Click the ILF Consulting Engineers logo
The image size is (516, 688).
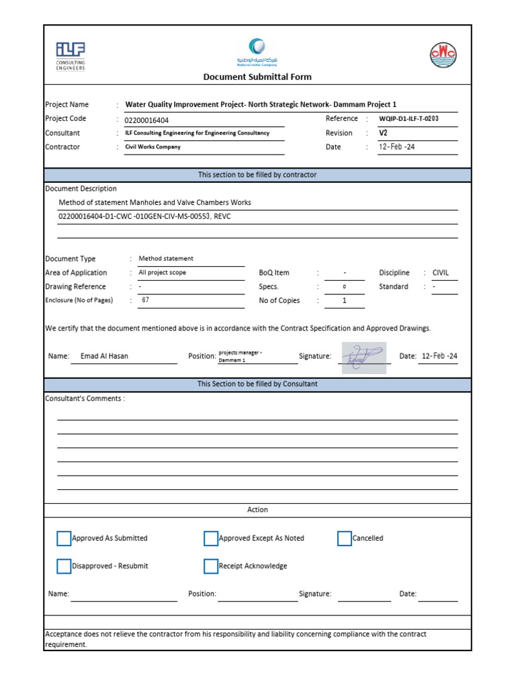[71, 56]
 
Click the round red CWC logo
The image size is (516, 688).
[443, 54]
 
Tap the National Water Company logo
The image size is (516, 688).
[257, 52]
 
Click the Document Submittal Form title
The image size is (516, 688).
[257, 77]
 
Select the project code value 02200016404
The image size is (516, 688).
[147, 120]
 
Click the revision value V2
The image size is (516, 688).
[384, 133]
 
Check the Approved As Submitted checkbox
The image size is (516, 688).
[64, 538]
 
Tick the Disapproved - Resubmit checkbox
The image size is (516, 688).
[64, 566]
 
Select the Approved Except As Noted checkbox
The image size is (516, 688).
[211, 538]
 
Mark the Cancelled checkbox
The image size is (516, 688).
[344, 538]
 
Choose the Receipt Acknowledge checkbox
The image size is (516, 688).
[211, 566]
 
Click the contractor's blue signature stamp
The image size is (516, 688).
[363, 357]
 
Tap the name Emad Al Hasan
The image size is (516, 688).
[104, 356]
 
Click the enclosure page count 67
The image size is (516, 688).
[145, 300]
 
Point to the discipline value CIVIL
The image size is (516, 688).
[441, 273]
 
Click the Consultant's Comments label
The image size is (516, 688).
[85, 398]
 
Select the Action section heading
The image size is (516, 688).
[257, 510]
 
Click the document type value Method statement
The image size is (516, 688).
[166, 259]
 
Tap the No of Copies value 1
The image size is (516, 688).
[344, 301]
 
